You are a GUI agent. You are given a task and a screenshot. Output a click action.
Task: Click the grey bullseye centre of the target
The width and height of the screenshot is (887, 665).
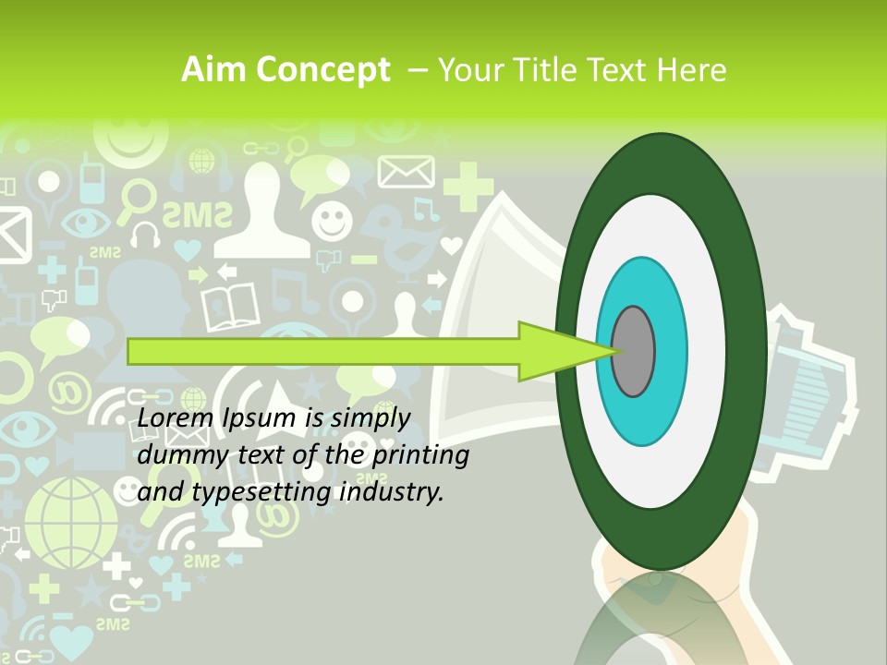coord(634,352)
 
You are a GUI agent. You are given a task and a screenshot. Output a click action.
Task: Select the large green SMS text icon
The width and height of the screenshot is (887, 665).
coord(197,215)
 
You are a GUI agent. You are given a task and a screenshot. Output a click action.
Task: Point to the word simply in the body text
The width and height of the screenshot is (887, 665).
coord(369,418)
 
